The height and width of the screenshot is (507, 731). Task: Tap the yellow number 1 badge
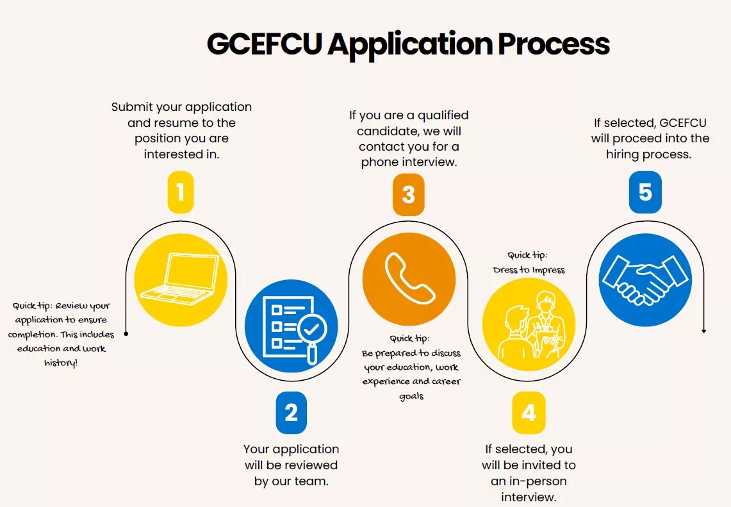pos(181,191)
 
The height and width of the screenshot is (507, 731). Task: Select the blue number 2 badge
pos(292,413)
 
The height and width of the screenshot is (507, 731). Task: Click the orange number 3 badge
pos(408,194)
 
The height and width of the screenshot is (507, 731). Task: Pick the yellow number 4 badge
pos(529,413)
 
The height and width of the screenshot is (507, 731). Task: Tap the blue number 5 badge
pos(645,192)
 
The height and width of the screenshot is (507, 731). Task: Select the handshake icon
pos(645,279)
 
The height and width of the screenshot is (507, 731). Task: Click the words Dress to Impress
pos(529,270)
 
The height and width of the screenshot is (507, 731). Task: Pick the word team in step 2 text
pos(312,481)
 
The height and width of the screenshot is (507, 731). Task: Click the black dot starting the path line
pos(126,333)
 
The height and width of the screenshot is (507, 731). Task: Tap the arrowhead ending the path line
pos(704,331)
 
